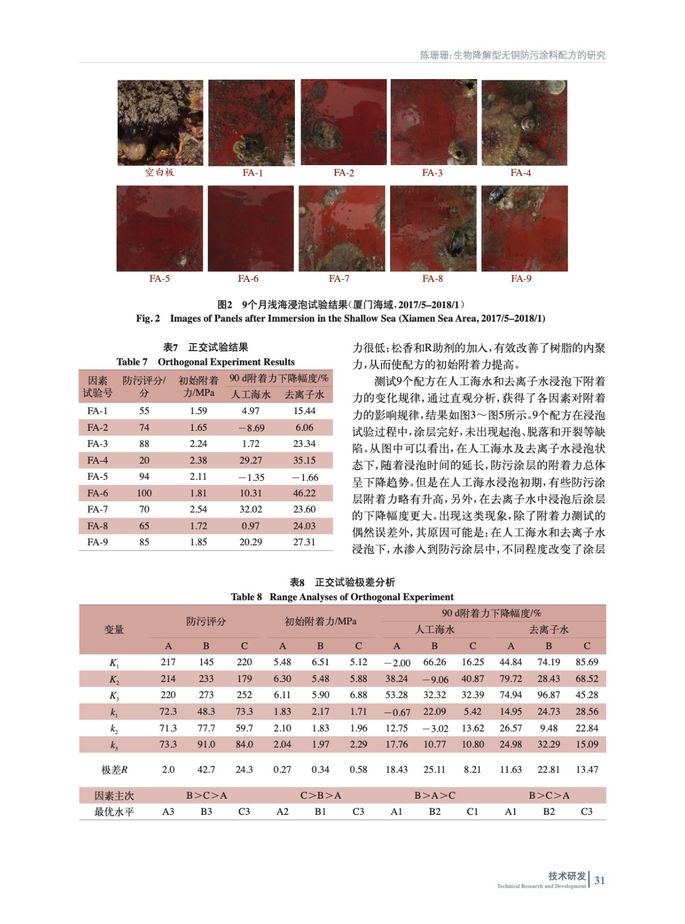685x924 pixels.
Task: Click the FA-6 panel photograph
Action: coord(250,228)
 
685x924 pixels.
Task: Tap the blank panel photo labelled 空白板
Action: coord(160,122)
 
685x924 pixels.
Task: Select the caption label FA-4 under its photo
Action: coord(520,173)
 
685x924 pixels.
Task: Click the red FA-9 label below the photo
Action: coord(521,278)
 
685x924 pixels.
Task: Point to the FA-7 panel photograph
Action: coord(342,228)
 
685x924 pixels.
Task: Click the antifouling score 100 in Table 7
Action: coord(144,493)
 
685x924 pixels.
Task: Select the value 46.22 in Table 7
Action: coord(304,493)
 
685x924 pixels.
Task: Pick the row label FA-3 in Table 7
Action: coord(98,444)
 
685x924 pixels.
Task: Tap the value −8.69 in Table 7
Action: coord(251,428)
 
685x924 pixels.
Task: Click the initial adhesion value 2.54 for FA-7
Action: coord(198,509)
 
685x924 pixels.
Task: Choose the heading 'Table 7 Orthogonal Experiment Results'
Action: coord(205,362)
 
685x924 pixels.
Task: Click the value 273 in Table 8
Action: coord(206,695)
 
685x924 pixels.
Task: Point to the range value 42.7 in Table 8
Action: coord(206,769)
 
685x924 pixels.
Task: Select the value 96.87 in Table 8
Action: coord(548,695)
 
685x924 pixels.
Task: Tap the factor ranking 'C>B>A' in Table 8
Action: coord(320,795)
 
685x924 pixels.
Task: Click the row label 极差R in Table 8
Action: coord(114,769)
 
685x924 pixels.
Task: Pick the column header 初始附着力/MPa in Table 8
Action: coord(320,621)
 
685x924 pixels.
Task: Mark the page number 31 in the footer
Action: coord(600,880)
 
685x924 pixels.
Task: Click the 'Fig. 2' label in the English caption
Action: coord(148,318)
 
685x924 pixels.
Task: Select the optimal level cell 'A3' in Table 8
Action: coord(168,811)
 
